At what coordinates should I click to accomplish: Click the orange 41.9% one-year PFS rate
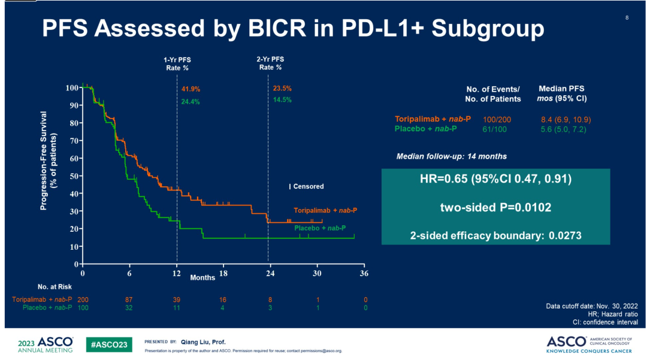pyautogui.click(x=191, y=89)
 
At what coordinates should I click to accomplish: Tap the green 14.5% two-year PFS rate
pyautogui.click(x=282, y=100)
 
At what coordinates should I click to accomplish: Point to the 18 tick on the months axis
pyautogui.click(x=223, y=274)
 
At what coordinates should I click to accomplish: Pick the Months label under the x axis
pyautogui.click(x=202, y=278)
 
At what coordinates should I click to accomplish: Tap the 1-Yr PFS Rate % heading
pyautogui.click(x=177, y=63)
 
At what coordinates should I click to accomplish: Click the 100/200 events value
pyautogui.click(x=493, y=119)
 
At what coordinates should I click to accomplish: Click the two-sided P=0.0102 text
pyautogui.click(x=495, y=208)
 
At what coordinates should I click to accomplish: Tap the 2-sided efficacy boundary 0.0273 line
pyautogui.click(x=495, y=235)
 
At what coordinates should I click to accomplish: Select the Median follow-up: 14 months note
pyautogui.click(x=452, y=156)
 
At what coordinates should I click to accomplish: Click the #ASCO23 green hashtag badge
pyautogui.click(x=109, y=344)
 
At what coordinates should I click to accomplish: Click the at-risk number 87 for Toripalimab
pyautogui.click(x=129, y=300)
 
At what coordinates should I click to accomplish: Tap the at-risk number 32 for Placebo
pyautogui.click(x=129, y=308)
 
